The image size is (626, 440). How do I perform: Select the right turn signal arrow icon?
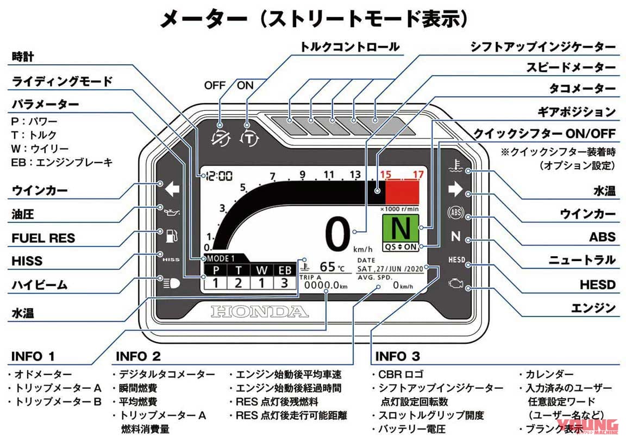click(454, 189)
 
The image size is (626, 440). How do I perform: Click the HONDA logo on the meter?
click(259, 312)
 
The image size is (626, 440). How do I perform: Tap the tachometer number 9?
click(303, 175)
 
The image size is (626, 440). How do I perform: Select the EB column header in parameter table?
click(284, 270)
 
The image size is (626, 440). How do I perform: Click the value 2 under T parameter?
click(237, 282)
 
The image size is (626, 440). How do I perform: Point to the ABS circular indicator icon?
click(454, 213)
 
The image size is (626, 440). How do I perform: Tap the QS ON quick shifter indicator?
click(402, 246)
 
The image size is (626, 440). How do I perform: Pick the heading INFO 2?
click(138, 357)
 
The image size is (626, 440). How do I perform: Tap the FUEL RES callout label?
click(43, 238)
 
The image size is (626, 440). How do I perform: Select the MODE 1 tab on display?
click(221, 258)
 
